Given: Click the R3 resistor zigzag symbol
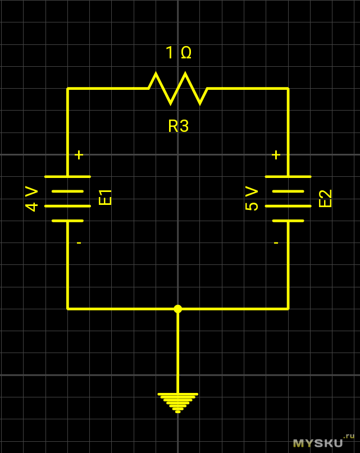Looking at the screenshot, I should click(x=178, y=88).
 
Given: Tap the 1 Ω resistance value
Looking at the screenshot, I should click(x=179, y=53).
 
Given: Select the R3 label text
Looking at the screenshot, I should click(x=178, y=126).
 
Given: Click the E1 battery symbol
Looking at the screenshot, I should click(x=67, y=198).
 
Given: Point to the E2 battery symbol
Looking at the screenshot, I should click(x=288, y=198).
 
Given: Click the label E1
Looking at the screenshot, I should click(x=106, y=198).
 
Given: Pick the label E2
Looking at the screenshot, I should click(x=326, y=198).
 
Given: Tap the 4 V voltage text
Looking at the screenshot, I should click(x=32, y=199).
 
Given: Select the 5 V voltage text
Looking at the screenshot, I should click(x=252, y=199).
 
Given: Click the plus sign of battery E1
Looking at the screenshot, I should click(x=79, y=155).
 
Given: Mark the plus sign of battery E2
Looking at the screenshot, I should click(x=276, y=155).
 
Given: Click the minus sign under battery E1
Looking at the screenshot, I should click(x=79, y=242).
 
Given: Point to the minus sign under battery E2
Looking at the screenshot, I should click(x=276, y=242).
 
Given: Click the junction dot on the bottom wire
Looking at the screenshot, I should click(x=178, y=309).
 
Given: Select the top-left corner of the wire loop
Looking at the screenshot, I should click(x=67, y=88).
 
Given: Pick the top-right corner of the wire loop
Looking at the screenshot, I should click(x=288, y=88).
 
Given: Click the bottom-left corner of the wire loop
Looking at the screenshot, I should click(x=67, y=309).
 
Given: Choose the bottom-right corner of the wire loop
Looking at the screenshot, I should click(x=288, y=309).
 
